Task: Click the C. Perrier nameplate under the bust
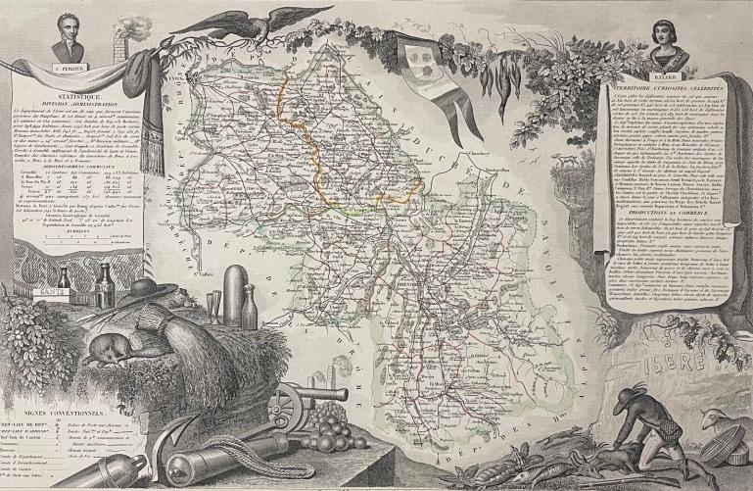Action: (x=58, y=70)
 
